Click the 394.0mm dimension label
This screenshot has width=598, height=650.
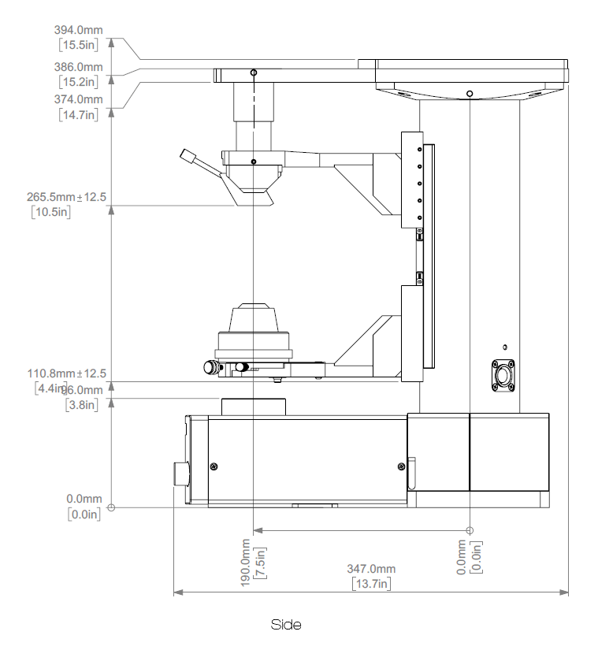pos(78,30)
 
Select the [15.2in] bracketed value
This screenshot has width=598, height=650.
pos(78,80)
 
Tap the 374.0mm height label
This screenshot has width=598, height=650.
pos(78,99)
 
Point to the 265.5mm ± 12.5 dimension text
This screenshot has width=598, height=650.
pos(66,197)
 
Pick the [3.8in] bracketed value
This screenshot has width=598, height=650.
pos(81,405)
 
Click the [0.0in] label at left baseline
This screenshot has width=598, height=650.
pos(84,514)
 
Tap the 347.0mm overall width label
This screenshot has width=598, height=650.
pos(371,569)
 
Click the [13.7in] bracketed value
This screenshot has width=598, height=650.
pos(371,584)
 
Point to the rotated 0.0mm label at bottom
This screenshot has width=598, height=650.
pos(462,557)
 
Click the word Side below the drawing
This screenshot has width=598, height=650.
pos(287,625)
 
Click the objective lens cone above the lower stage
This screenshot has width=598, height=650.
pos(254,320)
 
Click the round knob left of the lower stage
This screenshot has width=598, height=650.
pos(210,367)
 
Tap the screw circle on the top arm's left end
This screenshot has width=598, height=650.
pos(253,73)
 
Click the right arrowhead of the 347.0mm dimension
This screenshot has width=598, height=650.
pos(564,590)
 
